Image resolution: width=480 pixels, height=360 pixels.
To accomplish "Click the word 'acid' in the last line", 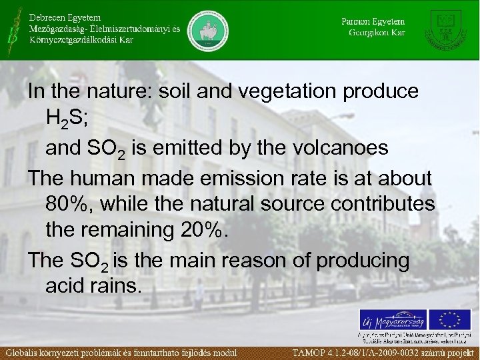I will click(x=65, y=287).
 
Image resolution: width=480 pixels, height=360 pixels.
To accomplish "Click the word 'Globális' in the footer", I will click(x=27, y=352).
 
